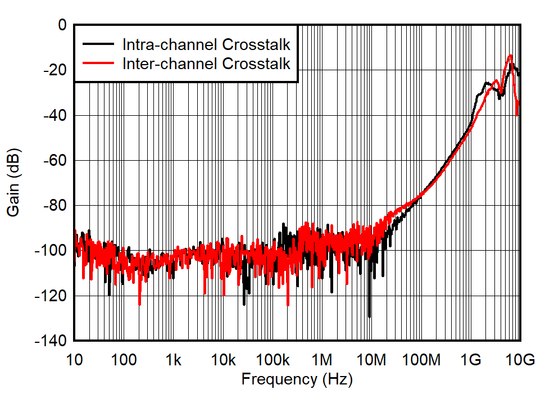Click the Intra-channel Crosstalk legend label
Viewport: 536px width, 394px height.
206,44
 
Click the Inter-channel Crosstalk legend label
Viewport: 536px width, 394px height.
206,64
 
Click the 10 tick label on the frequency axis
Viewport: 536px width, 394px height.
74,359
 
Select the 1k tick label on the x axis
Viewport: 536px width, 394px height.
173,359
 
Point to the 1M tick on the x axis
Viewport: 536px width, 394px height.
322,359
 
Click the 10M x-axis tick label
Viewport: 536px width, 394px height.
371,359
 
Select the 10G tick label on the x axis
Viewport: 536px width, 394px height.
519,359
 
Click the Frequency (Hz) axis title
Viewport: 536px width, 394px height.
297,379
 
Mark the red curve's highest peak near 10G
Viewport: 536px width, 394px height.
510,55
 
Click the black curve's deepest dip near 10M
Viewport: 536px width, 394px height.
369,316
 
